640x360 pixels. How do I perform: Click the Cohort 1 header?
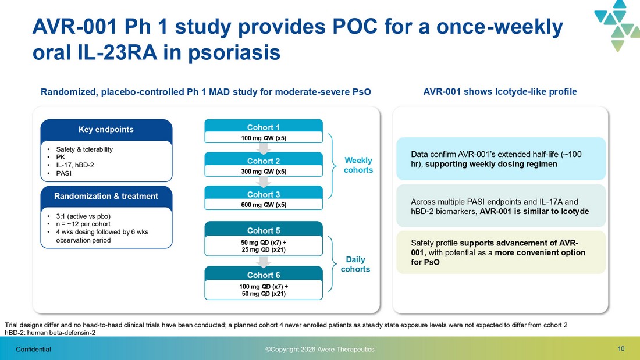pos(263,127)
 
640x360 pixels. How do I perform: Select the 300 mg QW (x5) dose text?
pos(264,172)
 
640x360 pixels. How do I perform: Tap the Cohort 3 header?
pos(263,194)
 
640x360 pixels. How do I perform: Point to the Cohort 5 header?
pos(263,230)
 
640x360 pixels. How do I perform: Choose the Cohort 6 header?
pos(263,275)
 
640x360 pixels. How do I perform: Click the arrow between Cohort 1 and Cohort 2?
pos(264,148)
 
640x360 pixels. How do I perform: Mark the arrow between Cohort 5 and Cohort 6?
pos(264,262)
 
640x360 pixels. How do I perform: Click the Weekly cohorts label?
pos(358,165)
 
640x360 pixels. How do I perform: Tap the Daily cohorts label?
pos(355,264)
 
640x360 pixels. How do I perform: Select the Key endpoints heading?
pos(106,129)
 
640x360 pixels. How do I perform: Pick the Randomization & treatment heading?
pos(106,196)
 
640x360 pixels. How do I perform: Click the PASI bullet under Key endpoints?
pos(63,173)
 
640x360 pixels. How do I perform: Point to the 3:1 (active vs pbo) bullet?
pos(83,216)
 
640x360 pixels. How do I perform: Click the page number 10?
pos(621,348)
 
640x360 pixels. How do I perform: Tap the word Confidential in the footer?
pos(34,349)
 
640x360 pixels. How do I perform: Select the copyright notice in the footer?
pos(319,349)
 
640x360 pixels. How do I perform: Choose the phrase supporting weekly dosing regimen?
pos(491,164)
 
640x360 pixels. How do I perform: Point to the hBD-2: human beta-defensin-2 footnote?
pos(50,333)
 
